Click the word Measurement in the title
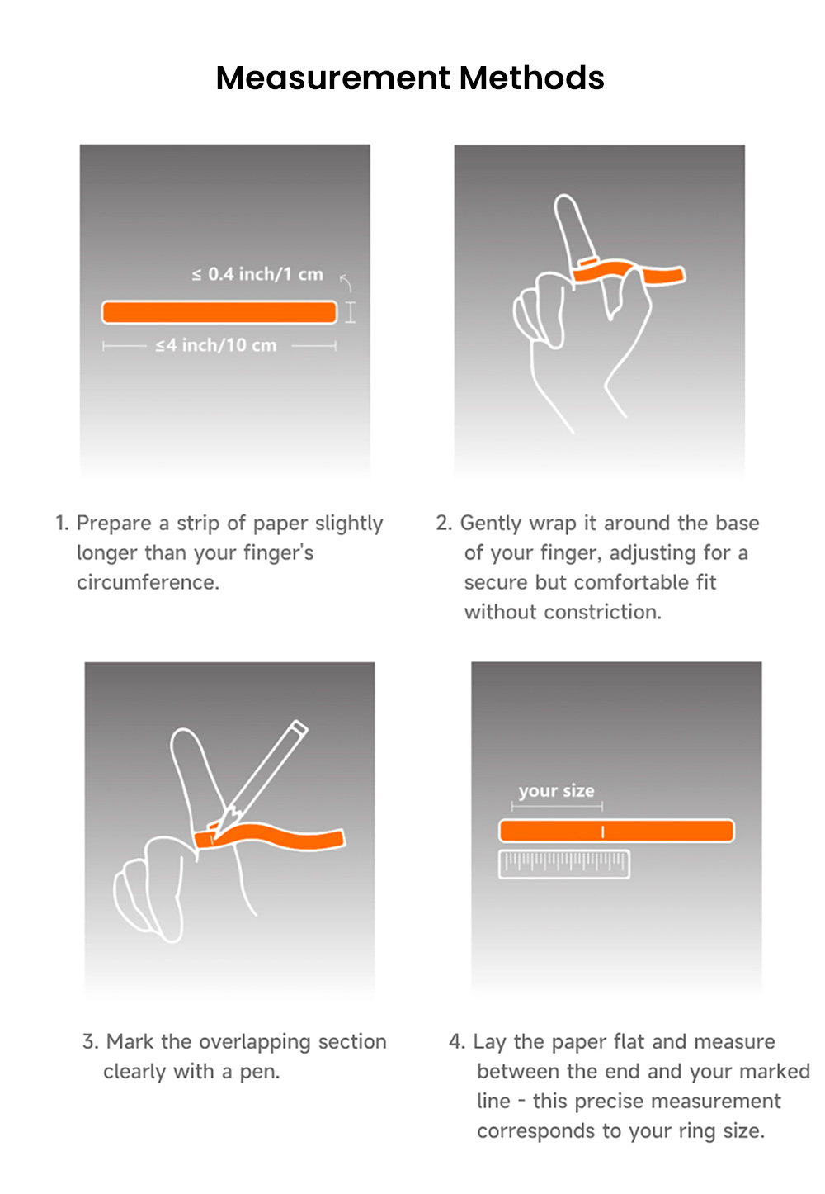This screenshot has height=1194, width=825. click(x=332, y=78)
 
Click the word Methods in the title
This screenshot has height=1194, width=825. click(x=532, y=78)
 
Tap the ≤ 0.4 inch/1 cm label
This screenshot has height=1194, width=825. click(x=257, y=274)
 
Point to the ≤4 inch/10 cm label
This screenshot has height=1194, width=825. click(x=216, y=345)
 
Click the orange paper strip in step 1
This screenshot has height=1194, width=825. click(x=219, y=312)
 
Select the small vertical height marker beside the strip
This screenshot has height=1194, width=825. click(x=351, y=312)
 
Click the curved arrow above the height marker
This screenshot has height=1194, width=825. click(x=346, y=283)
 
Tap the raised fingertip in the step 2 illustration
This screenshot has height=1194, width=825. click(x=566, y=206)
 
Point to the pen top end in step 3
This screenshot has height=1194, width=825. click(x=299, y=728)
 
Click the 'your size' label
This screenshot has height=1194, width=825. click(x=556, y=791)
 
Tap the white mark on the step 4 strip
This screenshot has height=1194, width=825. click(x=603, y=832)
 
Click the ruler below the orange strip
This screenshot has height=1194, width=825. click(x=564, y=864)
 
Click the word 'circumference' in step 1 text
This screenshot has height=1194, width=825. click(x=148, y=583)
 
